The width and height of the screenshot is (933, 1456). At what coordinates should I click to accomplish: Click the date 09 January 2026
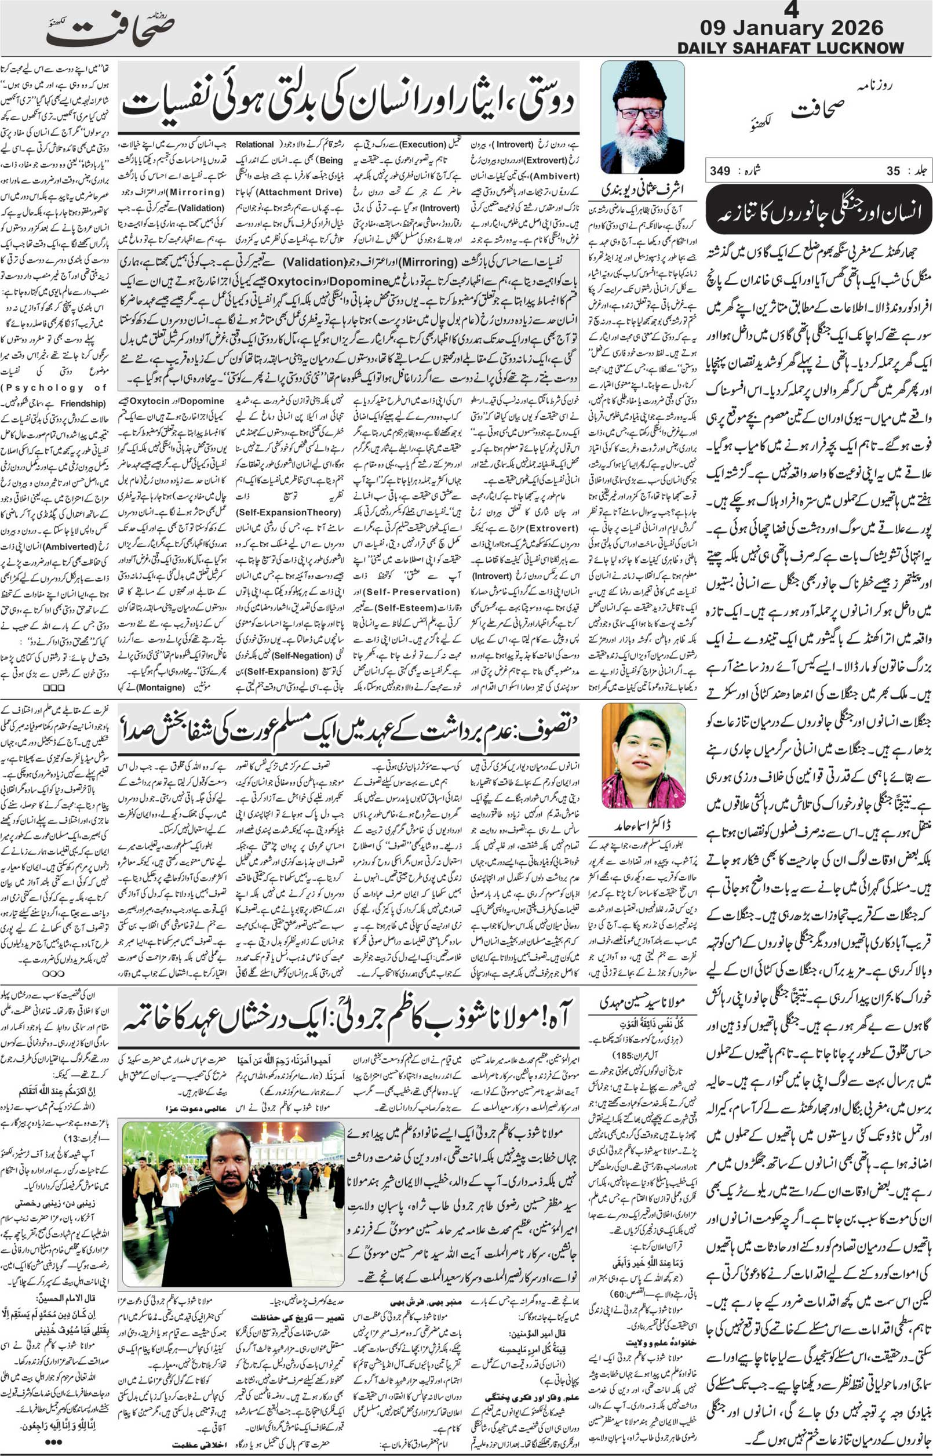[x=790, y=28]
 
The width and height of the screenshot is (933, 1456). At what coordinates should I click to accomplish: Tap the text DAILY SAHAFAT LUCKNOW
[x=790, y=48]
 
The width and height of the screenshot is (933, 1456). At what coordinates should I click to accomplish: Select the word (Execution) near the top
[x=422, y=144]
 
